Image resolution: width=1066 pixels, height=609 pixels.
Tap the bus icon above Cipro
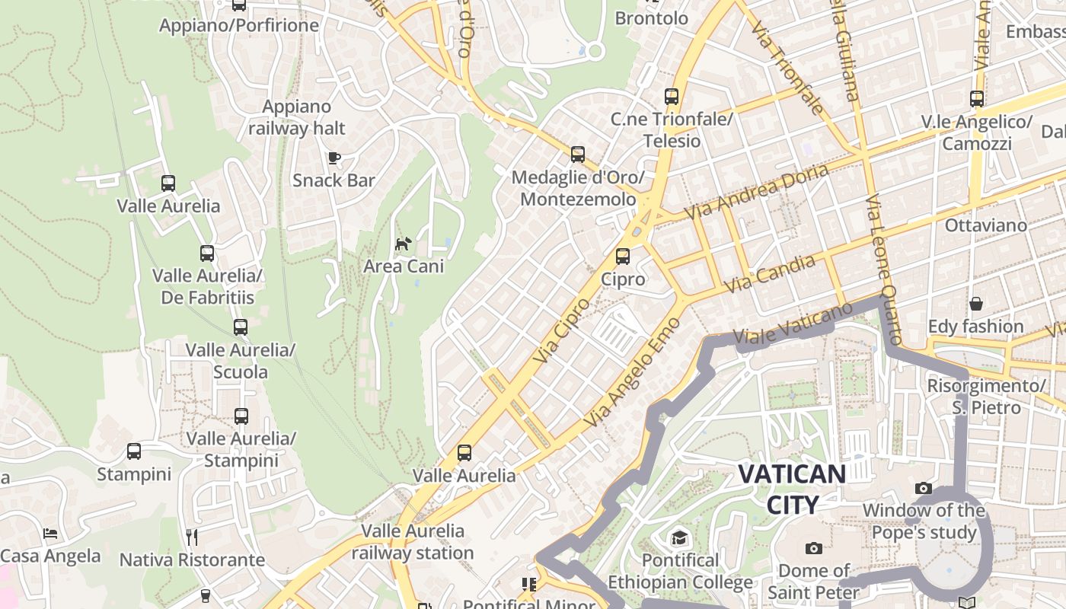[623, 256]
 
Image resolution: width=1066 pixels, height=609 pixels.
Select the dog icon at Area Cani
[403, 244]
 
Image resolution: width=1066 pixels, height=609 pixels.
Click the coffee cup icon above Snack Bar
[334, 158]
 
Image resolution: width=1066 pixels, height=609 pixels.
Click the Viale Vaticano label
[793, 324]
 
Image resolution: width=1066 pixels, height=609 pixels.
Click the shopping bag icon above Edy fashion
[975, 304]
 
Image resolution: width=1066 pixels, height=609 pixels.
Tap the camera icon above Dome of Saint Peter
[814, 548]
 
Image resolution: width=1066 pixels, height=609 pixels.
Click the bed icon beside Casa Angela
[50, 533]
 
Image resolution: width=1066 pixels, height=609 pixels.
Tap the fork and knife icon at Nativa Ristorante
[192, 537]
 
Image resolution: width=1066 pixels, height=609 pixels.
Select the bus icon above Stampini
[134, 451]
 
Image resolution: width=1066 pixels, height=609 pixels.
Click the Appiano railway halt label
[297, 117]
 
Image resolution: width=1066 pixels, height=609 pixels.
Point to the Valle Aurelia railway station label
[413, 541]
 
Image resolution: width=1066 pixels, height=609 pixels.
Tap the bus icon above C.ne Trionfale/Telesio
[671, 97]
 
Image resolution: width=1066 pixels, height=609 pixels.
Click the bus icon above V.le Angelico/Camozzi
[976, 99]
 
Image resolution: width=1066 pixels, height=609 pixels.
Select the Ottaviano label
[985, 225]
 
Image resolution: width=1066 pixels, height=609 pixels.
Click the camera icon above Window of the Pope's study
[924, 488]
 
